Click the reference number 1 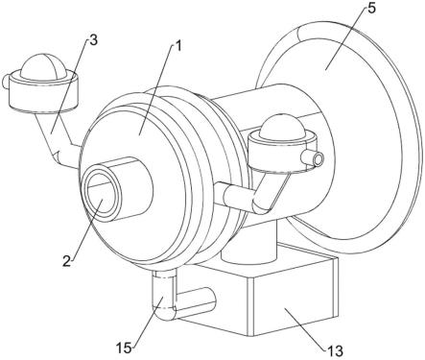tap(178, 46)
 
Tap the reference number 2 tap(66, 262)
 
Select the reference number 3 tap(93, 40)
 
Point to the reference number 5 tap(371, 9)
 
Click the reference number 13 tap(335, 351)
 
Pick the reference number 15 tap(124, 348)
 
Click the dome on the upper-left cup tap(44, 66)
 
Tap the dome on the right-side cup tap(283, 127)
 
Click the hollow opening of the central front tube tap(101, 195)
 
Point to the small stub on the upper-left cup tap(6, 81)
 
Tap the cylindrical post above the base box tap(248, 243)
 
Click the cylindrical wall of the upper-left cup tap(43, 94)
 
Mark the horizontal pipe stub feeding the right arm tap(238, 195)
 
